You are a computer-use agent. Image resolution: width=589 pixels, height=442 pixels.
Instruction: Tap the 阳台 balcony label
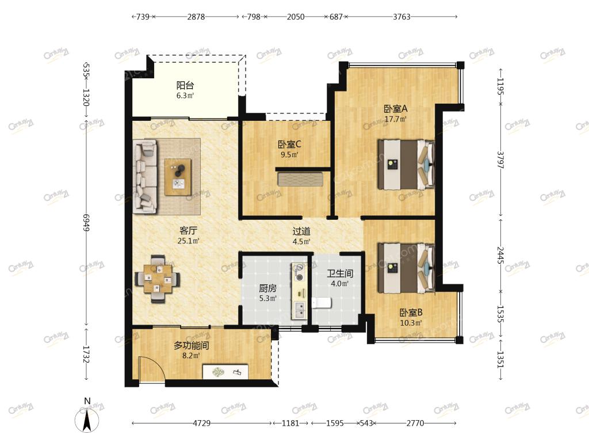[185, 85]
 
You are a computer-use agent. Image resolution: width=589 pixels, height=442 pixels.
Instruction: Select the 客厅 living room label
[188, 231]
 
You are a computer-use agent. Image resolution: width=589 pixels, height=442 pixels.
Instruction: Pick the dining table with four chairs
[158, 279]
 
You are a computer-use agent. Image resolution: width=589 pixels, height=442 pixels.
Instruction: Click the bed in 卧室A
[406, 164]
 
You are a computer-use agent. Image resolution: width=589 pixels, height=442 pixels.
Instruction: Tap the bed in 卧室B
[406, 268]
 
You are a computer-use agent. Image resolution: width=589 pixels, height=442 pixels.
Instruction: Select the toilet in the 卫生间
[321, 302]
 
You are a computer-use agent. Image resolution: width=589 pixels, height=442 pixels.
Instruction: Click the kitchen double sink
[300, 310]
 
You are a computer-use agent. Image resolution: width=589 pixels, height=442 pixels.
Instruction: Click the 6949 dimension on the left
[86, 223]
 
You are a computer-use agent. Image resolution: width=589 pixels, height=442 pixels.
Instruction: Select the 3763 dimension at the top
[401, 17]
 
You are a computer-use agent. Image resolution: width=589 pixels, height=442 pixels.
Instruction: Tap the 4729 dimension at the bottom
[202, 423]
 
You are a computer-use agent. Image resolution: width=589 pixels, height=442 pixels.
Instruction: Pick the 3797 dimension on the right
[500, 160]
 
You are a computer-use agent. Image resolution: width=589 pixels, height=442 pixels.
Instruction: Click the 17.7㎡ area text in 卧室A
[396, 119]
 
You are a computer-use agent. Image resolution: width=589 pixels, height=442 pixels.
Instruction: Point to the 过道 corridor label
[301, 231]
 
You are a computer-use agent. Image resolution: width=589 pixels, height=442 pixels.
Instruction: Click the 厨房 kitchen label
[268, 288]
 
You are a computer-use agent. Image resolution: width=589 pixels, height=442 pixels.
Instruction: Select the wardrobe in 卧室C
[300, 179]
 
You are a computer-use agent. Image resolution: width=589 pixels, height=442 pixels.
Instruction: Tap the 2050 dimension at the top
[296, 17]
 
